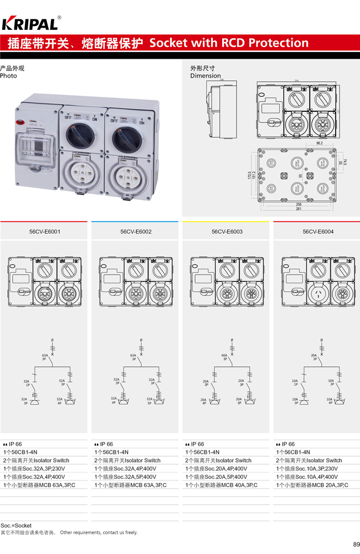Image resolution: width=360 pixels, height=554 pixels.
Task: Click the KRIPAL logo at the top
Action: tap(30, 23)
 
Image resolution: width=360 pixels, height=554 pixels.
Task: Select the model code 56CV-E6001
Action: tap(44, 232)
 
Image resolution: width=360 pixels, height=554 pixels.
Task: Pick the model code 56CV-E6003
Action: tap(227, 232)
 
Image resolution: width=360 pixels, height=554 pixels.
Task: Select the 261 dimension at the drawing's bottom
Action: tap(299, 209)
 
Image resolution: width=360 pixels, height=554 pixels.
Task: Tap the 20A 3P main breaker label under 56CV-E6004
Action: tap(314, 358)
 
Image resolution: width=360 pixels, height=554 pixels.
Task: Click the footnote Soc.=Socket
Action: tap(16, 525)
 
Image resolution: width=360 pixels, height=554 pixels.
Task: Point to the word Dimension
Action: tap(205, 76)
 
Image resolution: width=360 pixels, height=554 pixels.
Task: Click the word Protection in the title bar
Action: tap(279, 43)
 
